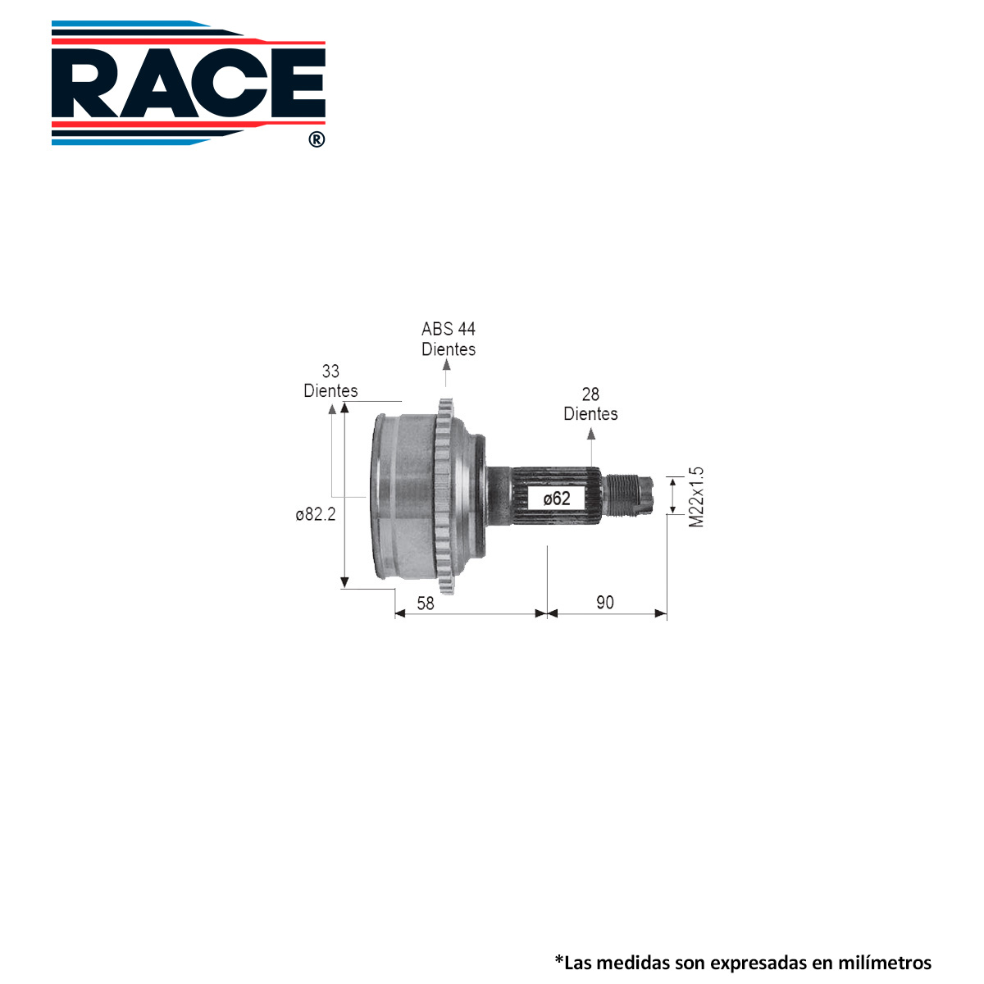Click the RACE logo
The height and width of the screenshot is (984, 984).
pos(188,83)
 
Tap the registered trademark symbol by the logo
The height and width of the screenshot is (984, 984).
pos(317,139)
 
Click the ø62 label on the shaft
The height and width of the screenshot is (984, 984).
pos(556,498)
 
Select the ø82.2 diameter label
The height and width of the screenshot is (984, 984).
pos(316,514)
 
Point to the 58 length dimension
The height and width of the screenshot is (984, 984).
pos(425,603)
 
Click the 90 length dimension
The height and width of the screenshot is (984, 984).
pos(604,603)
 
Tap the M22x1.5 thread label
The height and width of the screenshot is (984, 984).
pos(696,497)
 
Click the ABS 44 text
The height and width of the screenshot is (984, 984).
pos(449,329)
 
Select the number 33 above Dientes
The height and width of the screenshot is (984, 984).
pos(330,371)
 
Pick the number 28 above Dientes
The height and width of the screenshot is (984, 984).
pos(590,394)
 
